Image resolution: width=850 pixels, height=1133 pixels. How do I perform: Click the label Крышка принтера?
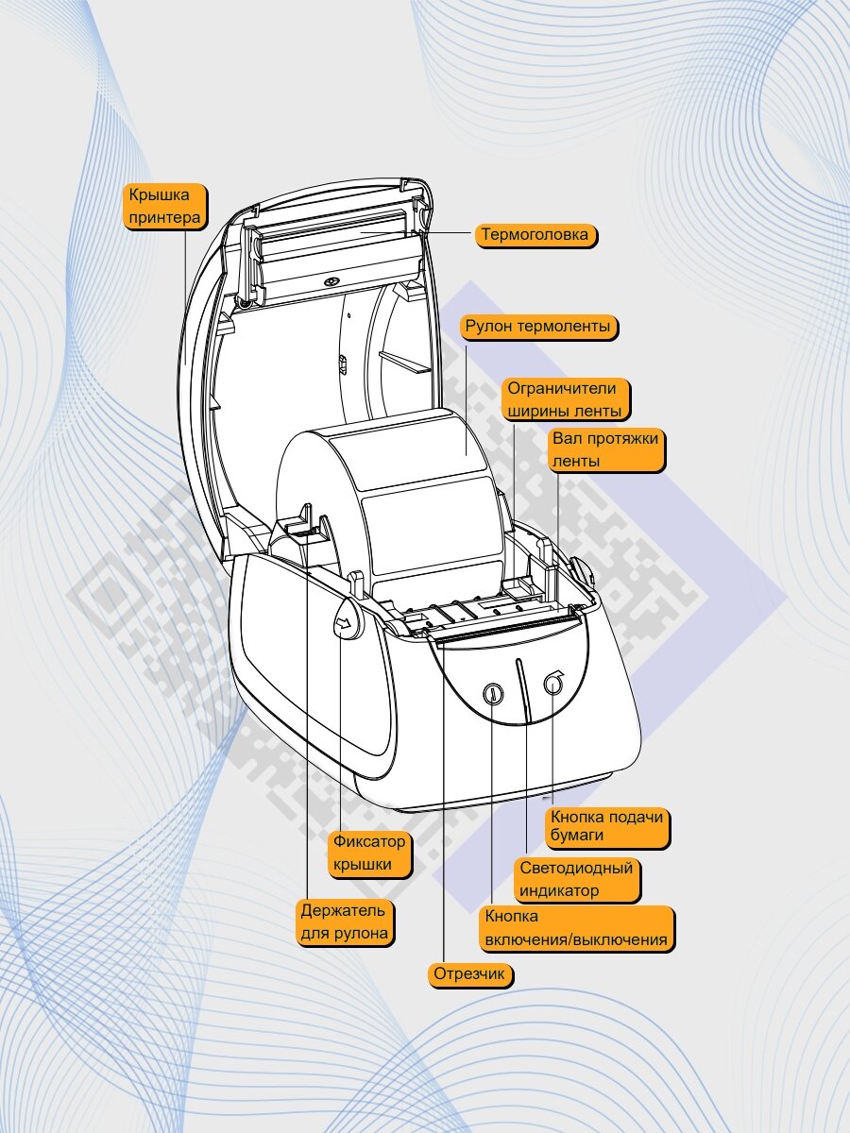point(165,207)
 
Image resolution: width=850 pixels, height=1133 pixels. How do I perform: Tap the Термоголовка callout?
point(535,234)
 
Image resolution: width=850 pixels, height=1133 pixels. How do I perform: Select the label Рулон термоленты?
point(539,328)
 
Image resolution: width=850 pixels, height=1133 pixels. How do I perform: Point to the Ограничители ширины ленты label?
point(565,399)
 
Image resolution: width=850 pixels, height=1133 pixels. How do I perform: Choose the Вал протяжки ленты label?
point(607,449)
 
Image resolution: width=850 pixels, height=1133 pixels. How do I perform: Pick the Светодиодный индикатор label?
point(575,879)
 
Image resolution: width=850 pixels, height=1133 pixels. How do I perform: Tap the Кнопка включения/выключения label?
point(576,928)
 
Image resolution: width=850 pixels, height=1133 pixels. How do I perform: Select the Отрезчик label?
point(469,974)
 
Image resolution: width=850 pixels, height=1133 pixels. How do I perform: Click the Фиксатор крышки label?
point(368,853)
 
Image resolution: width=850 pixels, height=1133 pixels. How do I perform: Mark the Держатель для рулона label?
point(344,922)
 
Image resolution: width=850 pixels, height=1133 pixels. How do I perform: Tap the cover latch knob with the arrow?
point(347,622)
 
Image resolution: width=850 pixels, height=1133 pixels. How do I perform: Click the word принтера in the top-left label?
point(165,218)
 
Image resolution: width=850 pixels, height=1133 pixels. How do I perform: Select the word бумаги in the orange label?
point(578,837)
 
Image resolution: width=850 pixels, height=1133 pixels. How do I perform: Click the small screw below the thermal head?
point(331,282)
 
